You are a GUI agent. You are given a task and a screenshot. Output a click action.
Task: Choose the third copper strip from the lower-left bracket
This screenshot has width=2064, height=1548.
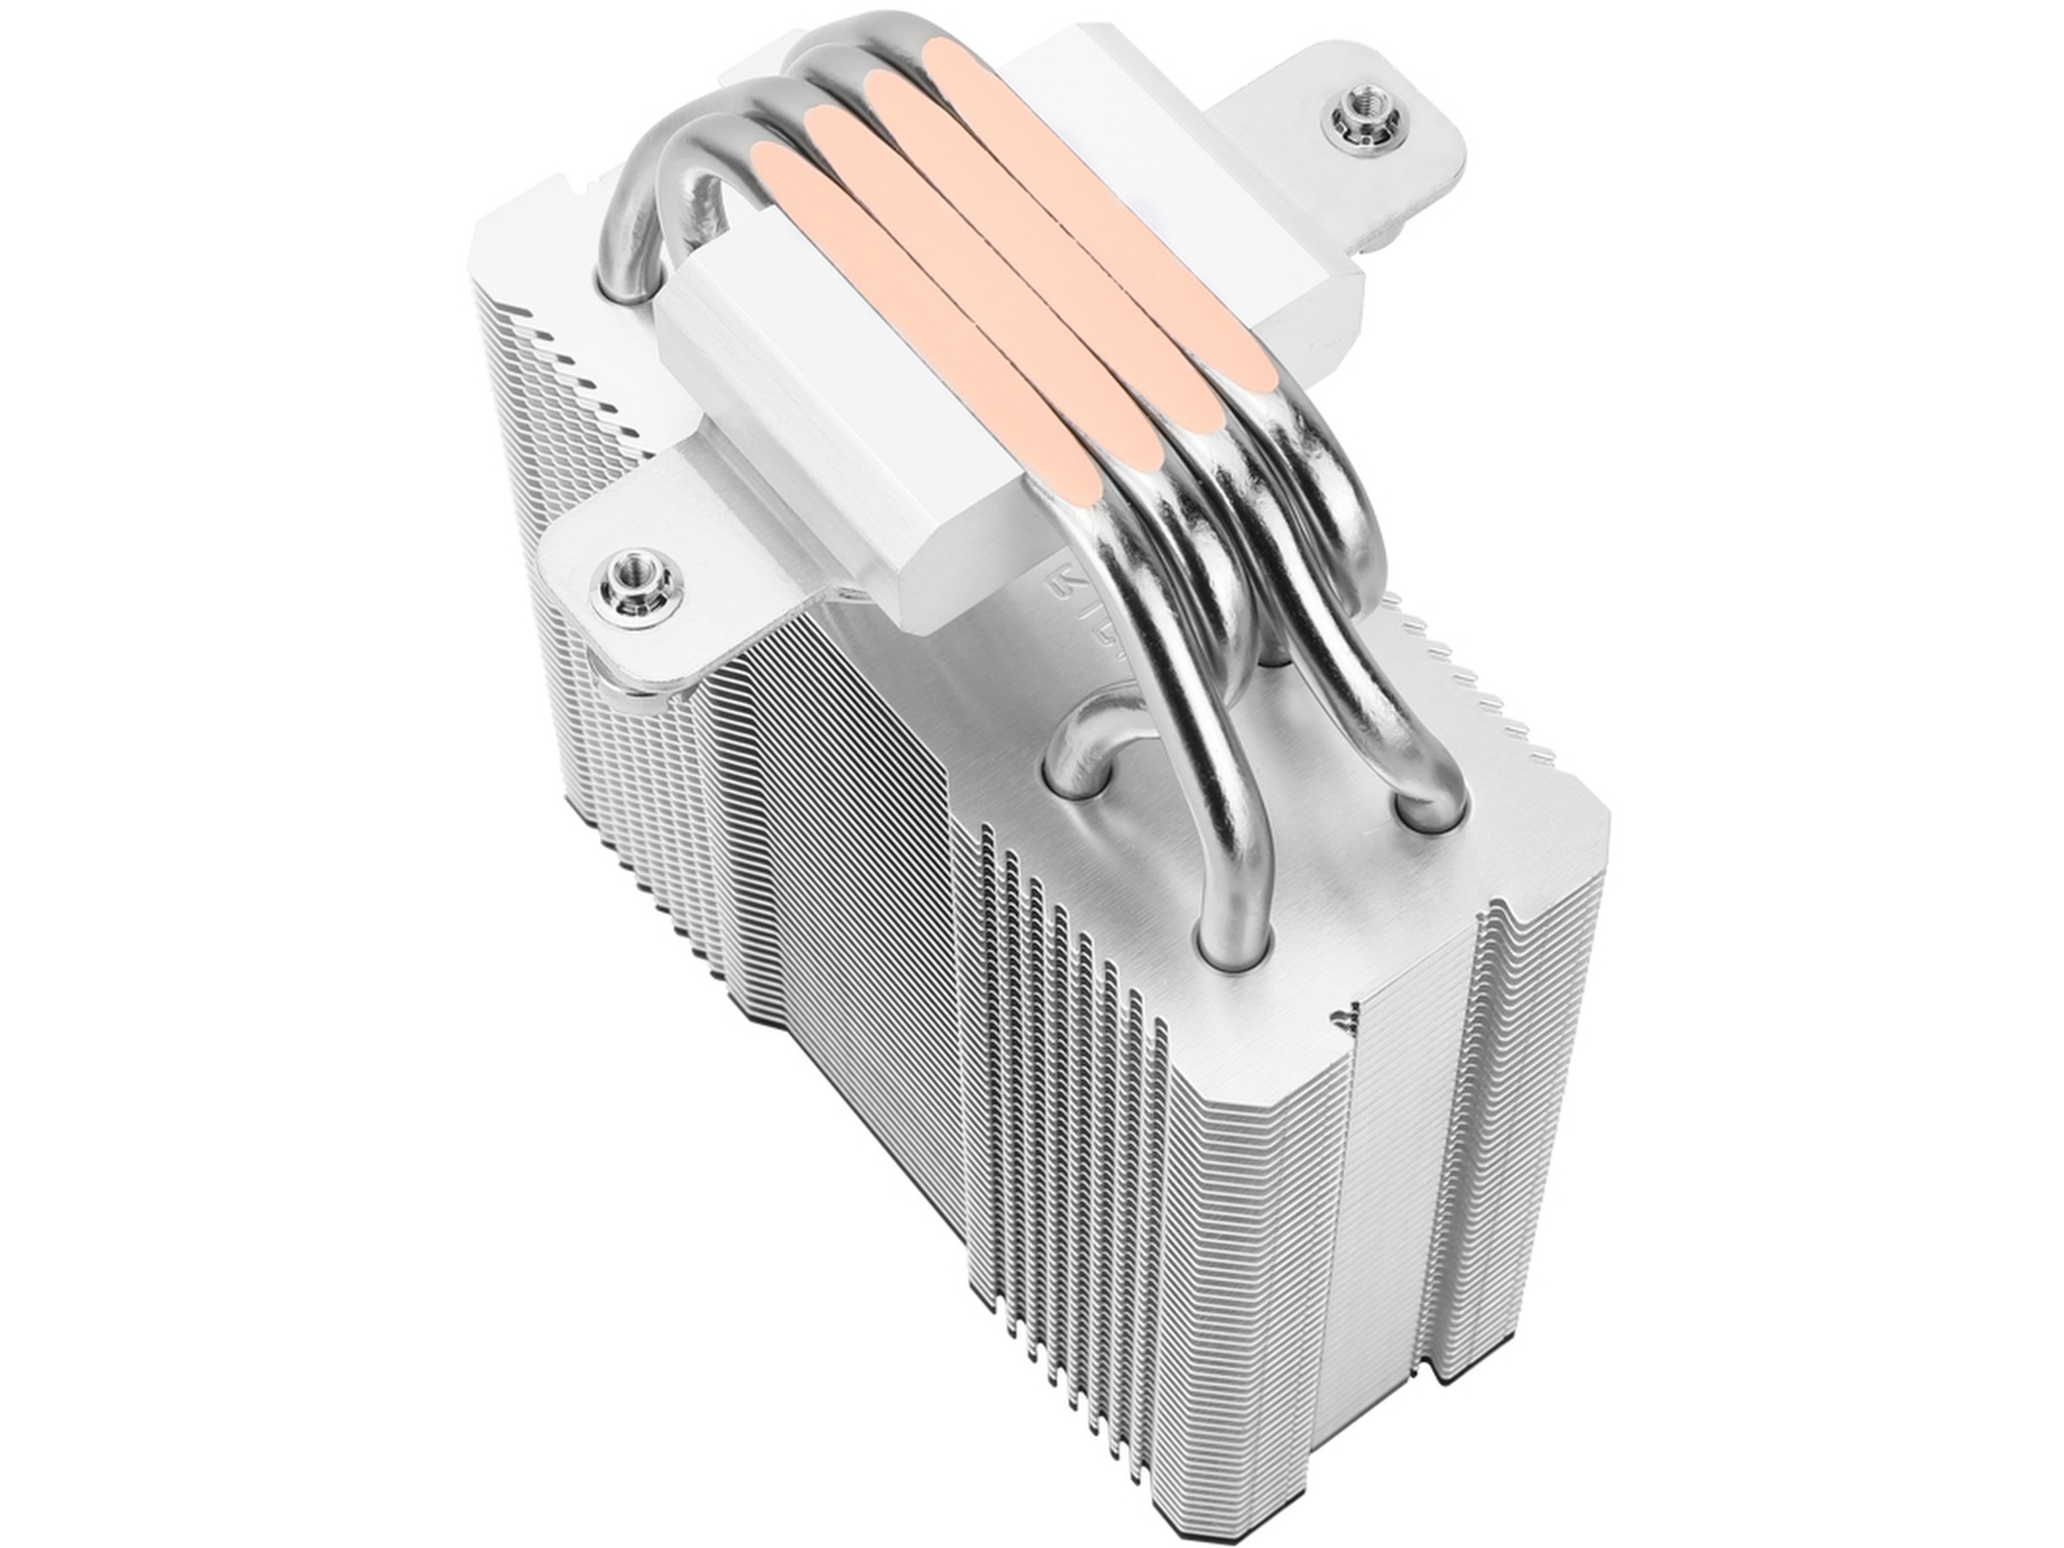point(1035,233)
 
